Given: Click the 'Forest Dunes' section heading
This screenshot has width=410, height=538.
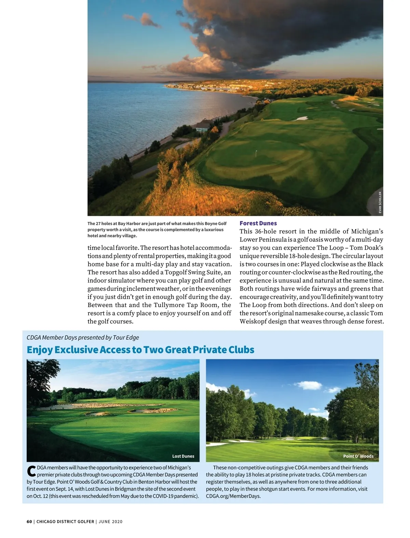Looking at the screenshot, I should click(258, 223).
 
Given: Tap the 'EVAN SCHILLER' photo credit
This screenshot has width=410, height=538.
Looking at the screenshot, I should click(380, 203).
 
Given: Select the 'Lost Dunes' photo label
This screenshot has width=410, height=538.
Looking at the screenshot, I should click(183, 456).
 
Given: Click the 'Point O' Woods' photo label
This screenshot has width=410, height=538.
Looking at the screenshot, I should click(358, 456).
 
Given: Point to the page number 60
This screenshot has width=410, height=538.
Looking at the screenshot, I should click(29, 522).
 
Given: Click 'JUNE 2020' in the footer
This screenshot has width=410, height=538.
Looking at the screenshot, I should click(110, 522).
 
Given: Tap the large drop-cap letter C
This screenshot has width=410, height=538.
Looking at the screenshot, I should click(31, 471).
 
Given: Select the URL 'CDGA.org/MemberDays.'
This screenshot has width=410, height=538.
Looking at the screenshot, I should click(233, 496).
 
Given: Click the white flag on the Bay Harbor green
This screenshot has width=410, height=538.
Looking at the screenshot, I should click(256, 152).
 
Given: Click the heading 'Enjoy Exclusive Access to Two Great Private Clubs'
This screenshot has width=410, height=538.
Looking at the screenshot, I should click(140, 350).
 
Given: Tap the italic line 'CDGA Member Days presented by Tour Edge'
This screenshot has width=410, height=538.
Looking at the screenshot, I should click(83, 337).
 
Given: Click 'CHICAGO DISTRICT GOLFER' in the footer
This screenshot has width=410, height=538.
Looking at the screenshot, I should click(65, 522).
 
